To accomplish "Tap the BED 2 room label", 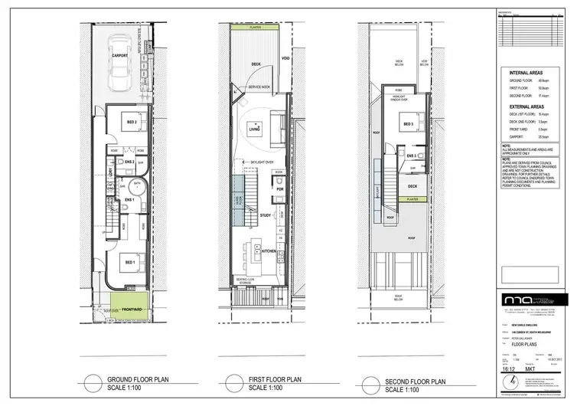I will tap(132, 122).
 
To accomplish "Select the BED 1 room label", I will tap(131, 263).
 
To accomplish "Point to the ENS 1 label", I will tap(129, 201).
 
